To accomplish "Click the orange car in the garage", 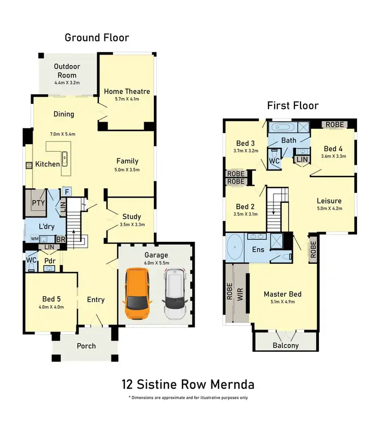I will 137,294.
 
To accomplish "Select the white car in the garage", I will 174,294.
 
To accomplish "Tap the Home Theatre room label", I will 127,91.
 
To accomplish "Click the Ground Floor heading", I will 97,38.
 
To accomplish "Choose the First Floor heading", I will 293,106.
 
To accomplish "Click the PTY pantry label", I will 38,203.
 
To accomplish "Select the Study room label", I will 131,216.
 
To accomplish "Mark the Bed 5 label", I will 51,299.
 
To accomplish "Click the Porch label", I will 86,346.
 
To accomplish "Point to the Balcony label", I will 286,345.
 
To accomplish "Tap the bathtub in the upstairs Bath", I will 282,127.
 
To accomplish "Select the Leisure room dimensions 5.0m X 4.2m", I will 329,208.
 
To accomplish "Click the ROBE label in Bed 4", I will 335,124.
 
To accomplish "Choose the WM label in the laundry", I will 35,238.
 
